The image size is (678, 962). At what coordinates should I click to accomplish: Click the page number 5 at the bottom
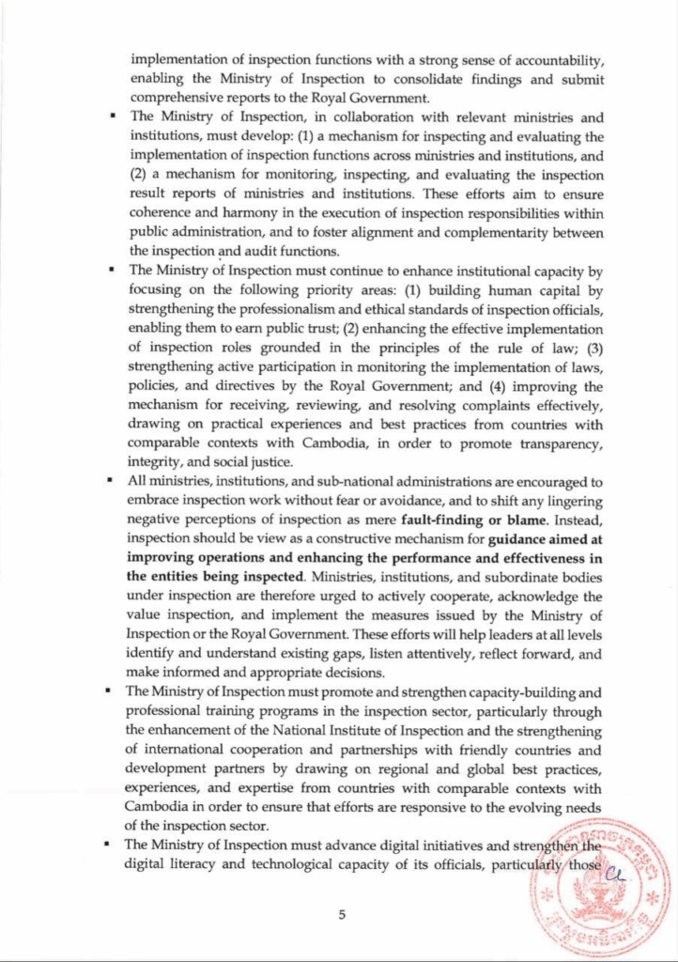pos(343,911)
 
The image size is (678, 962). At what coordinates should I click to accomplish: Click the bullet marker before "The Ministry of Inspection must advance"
pos(112,845)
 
